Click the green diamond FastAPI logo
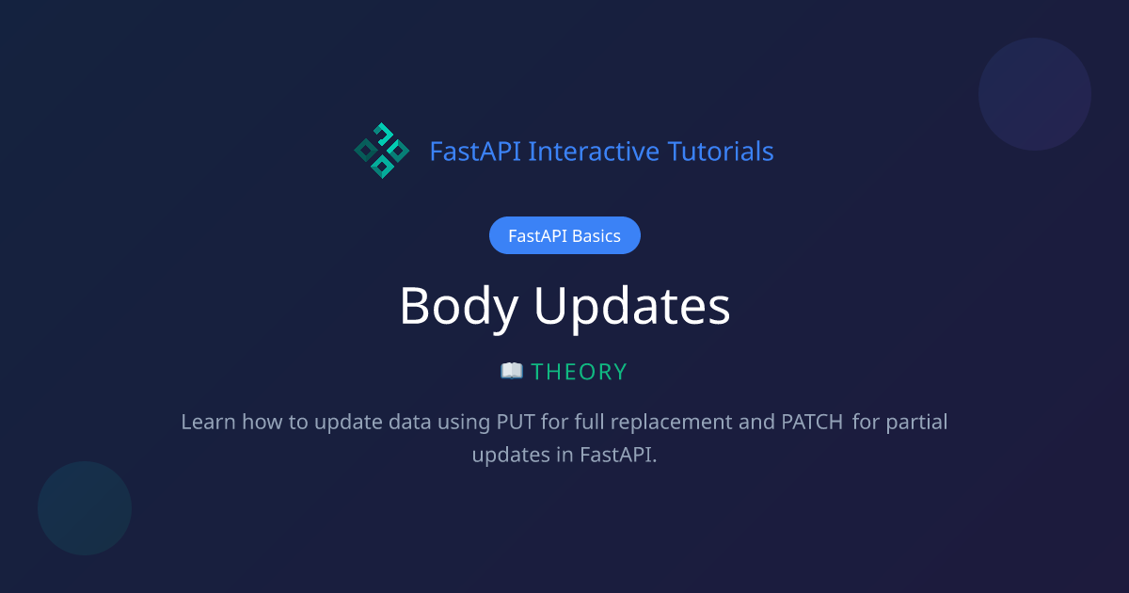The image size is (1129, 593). (x=381, y=151)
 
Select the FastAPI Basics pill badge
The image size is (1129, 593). (x=564, y=235)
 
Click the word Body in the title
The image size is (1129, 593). (x=459, y=306)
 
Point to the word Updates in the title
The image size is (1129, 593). (x=632, y=306)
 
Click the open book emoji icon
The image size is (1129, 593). (x=512, y=371)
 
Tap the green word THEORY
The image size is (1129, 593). (x=579, y=372)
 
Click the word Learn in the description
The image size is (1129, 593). (x=208, y=422)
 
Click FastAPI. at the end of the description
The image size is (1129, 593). (x=618, y=454)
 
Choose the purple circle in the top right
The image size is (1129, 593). (x=1035, y=94)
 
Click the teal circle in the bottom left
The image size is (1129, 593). (x=85, y=508)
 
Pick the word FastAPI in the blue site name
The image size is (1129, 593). (x=475, y=151)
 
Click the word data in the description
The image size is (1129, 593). (x=410, y=422)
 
